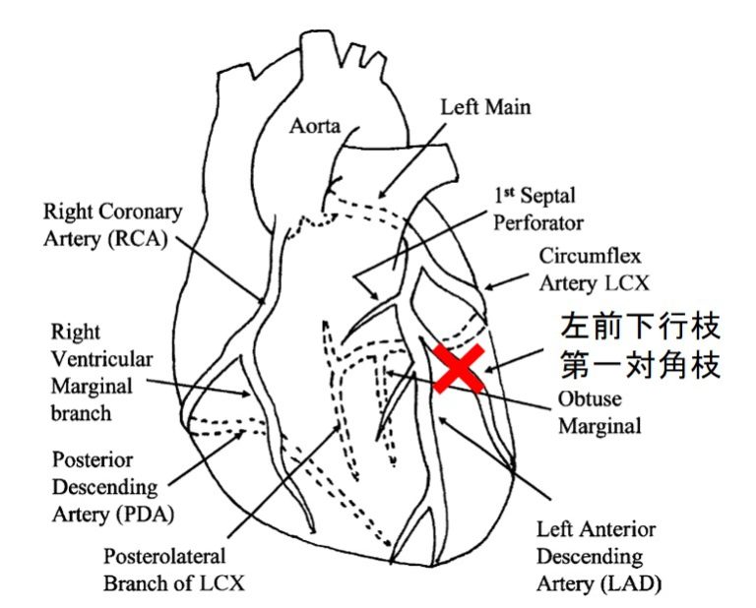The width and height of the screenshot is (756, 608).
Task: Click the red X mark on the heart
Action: point(459,369)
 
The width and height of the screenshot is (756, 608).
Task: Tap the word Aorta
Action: point(314,126)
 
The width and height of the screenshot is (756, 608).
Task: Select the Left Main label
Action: point(485,106)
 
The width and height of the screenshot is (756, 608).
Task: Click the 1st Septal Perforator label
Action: point(537,209)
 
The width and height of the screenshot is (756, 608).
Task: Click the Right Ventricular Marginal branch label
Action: point(94,373)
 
